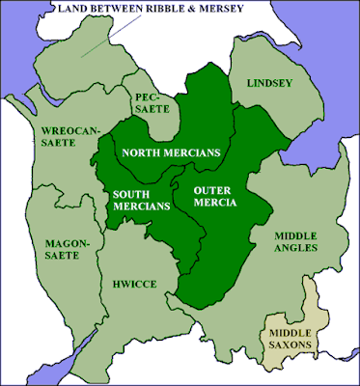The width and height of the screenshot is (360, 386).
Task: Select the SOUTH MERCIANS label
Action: click(x=135, y=203)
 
